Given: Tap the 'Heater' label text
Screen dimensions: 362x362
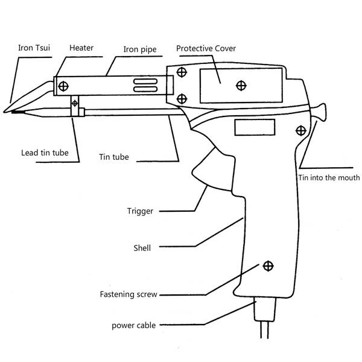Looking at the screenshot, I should [81, 47].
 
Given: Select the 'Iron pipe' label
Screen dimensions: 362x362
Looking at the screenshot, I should [139, 50].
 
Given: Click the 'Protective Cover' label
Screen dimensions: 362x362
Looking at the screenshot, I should [205, 48].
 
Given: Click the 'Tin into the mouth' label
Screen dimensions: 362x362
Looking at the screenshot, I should [329, 177].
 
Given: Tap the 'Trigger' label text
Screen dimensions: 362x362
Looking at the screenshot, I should [140, 211].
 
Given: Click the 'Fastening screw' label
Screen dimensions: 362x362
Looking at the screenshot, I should [129, 295].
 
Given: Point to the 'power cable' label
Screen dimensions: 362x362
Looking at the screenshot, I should [134, 325].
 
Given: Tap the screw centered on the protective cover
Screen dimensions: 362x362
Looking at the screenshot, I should [241, 84].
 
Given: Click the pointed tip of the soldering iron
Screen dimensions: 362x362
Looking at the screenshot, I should [5, 111].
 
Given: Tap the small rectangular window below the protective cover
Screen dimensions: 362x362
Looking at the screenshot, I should [254, 127].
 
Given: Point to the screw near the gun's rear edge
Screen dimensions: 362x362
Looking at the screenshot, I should [300, 129].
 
